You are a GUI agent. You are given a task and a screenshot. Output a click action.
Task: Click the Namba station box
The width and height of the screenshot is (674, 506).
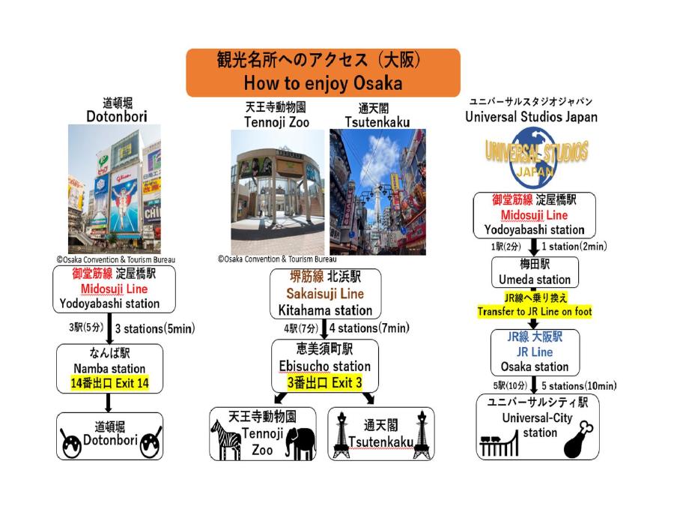110,368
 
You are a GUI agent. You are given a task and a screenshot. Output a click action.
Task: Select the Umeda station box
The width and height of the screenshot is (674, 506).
535,273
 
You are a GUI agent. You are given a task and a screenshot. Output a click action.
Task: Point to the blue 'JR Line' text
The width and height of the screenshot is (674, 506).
535,352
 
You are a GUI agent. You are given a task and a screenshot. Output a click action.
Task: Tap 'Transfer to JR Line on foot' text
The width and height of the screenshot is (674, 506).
534,311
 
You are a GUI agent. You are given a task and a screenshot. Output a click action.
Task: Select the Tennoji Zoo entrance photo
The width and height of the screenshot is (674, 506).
278,190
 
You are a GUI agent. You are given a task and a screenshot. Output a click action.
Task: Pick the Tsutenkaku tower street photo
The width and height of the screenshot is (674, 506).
377,191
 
